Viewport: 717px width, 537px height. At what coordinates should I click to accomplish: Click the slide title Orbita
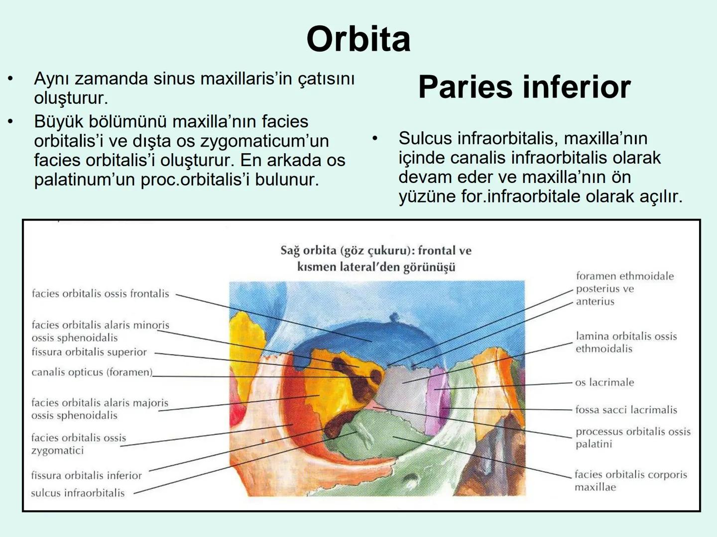358,39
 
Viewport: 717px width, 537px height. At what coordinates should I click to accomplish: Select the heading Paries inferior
524,87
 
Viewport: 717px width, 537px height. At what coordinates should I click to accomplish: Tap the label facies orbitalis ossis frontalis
100,294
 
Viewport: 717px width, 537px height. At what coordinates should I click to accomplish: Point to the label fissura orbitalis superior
89,352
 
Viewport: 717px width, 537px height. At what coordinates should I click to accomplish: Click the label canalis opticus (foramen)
92,372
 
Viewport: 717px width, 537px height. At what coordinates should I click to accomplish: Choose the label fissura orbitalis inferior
86,475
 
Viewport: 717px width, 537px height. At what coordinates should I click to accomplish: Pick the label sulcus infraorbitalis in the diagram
78,493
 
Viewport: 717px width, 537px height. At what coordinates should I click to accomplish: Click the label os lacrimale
604,382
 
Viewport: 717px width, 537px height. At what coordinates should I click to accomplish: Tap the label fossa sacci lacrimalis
626,410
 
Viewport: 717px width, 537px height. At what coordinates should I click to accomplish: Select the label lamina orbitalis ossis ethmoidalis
626,342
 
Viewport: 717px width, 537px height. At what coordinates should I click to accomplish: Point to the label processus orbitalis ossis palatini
632,438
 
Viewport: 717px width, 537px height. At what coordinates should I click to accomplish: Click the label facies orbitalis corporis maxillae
630,480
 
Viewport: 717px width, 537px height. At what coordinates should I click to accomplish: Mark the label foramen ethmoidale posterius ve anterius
624,288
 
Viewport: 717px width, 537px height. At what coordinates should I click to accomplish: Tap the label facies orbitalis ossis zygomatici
78,444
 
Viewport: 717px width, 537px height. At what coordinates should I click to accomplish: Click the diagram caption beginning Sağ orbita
376,259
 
